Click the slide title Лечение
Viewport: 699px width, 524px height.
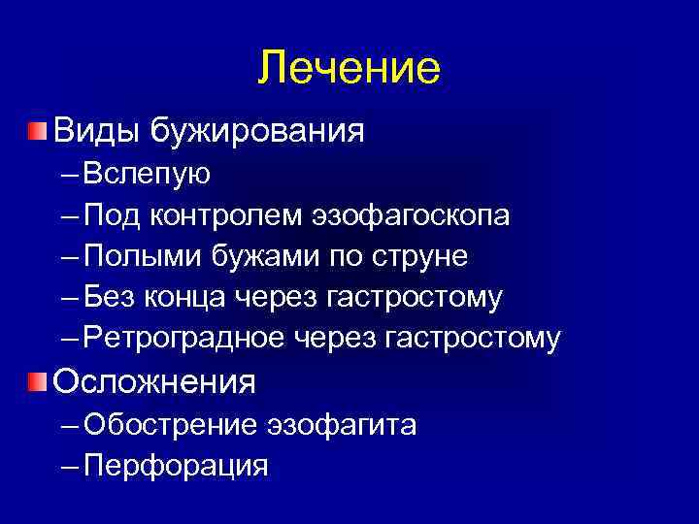pyautogui.click(x=349, y=69)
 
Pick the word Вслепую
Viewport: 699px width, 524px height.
pyautogui.click(x=148, y=174)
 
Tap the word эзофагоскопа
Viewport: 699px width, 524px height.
pyautogui.click(x=411, y=214)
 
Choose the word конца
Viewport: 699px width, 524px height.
pyautogui.click(x=188, y=297)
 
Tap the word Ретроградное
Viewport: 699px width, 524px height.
pyautogui.click(x=183, y=338)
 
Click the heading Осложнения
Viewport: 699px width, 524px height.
pyautogui.click(x=154, y=381)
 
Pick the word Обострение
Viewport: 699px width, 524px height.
pyautogui.click(x=171, y=424)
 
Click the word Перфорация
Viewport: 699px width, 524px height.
pyautogui.click(x=176, y=466)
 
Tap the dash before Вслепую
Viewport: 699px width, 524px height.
pyautogui.click(x=69, y=175)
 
